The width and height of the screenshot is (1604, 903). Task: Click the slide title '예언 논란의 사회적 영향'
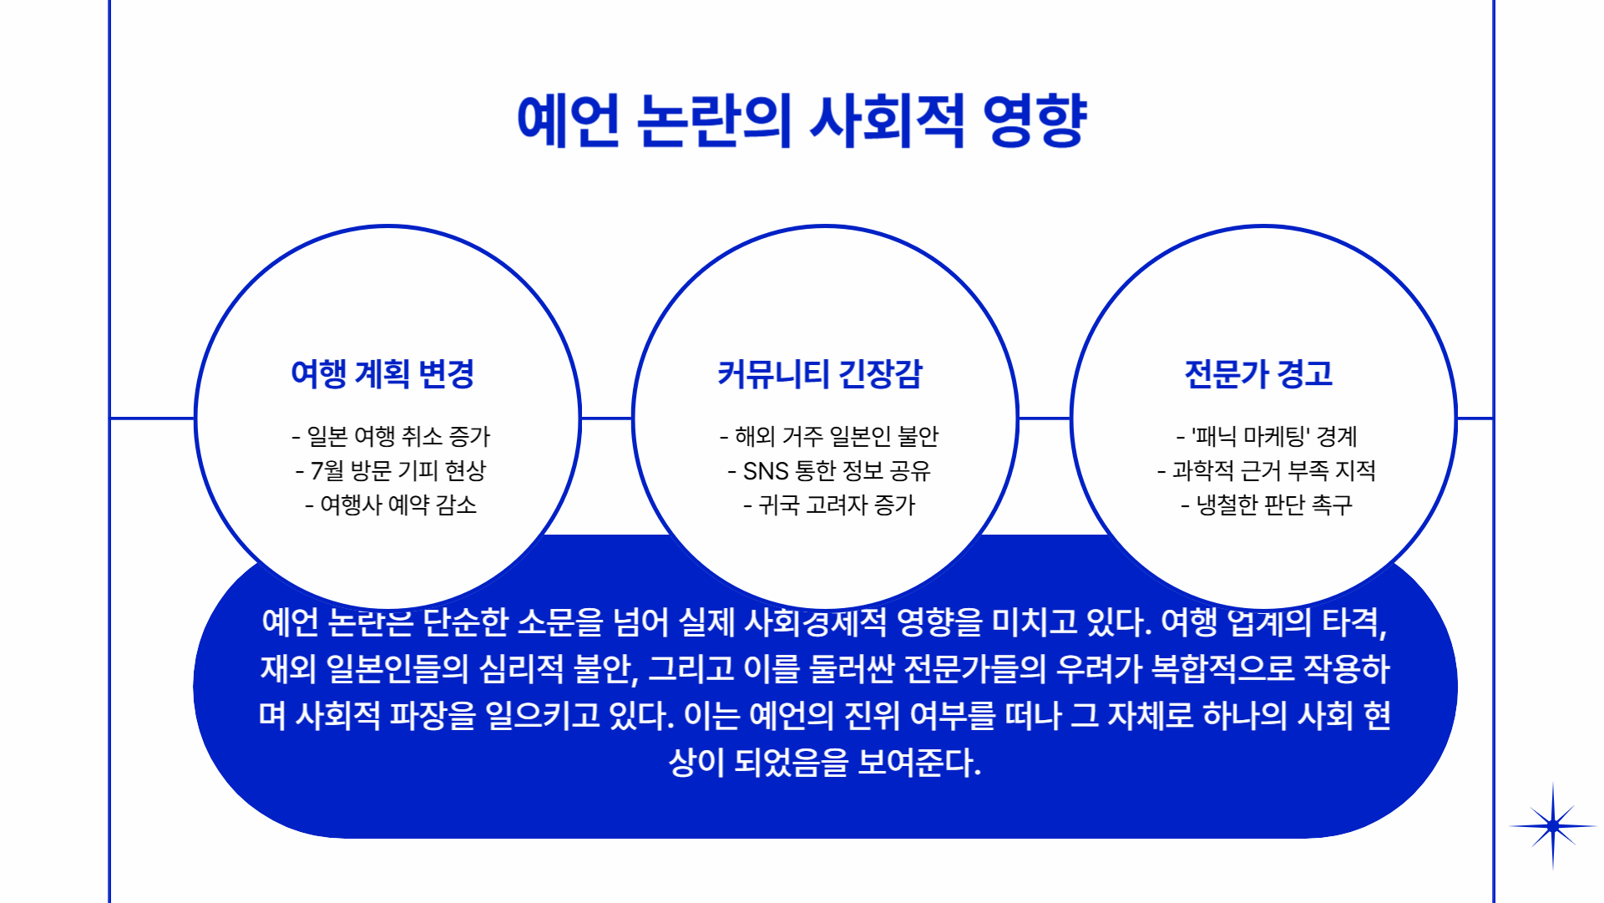coord(802,121)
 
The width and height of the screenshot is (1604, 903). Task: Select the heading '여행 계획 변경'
coord(382,373)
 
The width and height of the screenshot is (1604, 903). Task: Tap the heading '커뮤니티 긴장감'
coord(820,373)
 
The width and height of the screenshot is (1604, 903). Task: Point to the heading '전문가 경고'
coord(1258,373)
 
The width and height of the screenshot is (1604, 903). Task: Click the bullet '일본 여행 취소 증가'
coord(391,436)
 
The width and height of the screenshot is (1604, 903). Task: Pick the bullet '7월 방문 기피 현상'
coord(391,470)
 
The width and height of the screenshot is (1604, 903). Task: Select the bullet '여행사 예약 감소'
coord(391,505)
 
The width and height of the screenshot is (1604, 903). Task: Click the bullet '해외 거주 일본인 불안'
coord(829,436)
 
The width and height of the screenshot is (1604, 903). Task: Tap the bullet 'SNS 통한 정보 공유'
coord(829,470)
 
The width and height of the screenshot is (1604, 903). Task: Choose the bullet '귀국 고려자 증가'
coord(829,505)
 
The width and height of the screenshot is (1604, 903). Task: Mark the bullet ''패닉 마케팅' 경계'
coord(1267,436)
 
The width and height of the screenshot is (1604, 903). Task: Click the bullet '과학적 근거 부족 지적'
coord(1267,470)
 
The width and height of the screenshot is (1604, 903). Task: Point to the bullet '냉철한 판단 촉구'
coord(1267,505)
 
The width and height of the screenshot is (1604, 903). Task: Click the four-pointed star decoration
coord(1552,826)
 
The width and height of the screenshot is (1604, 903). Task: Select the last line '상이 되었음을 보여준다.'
coord(825,762)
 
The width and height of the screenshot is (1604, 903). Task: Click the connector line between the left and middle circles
coord(606,418)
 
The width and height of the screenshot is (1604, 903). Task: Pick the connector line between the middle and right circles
coord(1044,418)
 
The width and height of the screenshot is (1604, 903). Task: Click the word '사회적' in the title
coord(888,121)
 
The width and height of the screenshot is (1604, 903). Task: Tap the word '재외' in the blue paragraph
coord(288,668)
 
